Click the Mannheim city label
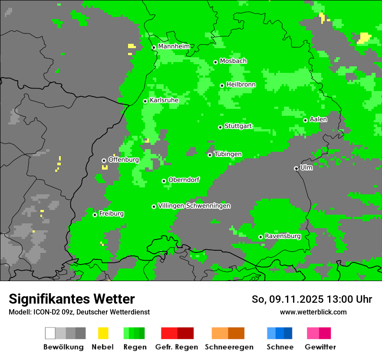tap(174, 46)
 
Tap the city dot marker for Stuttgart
tap(221, 127)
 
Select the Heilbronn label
tap(241, 85)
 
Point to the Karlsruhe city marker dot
tap(145, 101)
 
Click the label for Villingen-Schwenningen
tap(194, 206)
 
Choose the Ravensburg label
tap(283, 236)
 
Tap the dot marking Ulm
tap(296, 168)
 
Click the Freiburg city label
tap(111, 214)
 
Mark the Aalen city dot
tap(305, 120)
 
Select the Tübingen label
tap(228, 154)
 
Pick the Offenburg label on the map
tap(123, 160)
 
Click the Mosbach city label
tap(233, 61)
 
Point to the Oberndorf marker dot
tap(164, 181)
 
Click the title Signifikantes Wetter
tap(72, 299)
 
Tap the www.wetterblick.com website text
tap(313, 312)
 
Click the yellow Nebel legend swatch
tap(103, 333)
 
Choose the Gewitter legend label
tap(320, 347)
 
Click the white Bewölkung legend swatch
tap(50, 333)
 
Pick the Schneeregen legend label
tap(229, 347)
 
